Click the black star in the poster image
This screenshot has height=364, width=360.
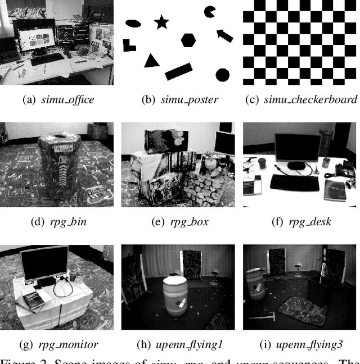point(161,22)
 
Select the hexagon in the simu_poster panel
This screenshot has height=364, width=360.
point(188,40)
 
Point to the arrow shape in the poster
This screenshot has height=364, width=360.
point(224,35)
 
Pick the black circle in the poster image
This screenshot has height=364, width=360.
point(222,75)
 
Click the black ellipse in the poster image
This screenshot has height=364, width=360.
point(133,24)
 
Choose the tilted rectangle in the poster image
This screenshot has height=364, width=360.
point(178,71)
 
